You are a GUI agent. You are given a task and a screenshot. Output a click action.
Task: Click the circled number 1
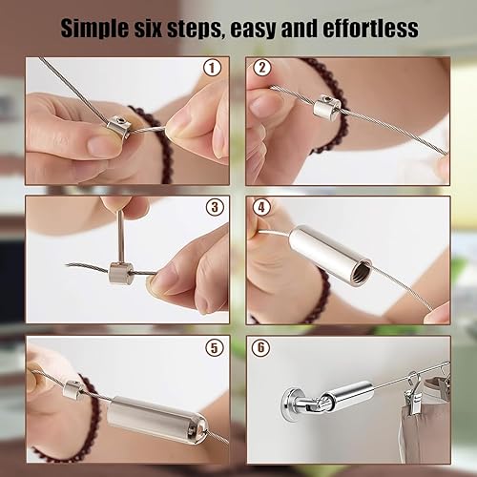(x=212, y=68)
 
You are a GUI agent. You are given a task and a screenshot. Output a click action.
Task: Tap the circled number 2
(x=262, y=68)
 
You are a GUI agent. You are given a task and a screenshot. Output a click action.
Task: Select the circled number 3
(x=215, y=207)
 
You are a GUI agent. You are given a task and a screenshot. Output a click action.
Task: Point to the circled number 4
(x=261, y=207)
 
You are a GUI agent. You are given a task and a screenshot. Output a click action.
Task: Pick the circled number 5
(x=214, y=347)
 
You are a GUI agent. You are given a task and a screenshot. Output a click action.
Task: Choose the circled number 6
(x=260, y=347)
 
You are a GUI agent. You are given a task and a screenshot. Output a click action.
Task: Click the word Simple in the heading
(x=95, y=29)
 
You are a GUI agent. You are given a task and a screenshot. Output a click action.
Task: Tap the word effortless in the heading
(x=370, y=28)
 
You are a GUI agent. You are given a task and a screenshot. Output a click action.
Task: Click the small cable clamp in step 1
(x=118, y=127)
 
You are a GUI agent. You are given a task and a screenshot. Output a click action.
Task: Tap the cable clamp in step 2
(x=327, y=106)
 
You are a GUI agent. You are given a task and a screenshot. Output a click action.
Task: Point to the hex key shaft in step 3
(x=121, y=236)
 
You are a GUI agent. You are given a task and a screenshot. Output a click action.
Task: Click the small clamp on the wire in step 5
(x=74, y=390)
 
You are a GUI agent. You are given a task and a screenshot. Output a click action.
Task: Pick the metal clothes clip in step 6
(x=412, y=391)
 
